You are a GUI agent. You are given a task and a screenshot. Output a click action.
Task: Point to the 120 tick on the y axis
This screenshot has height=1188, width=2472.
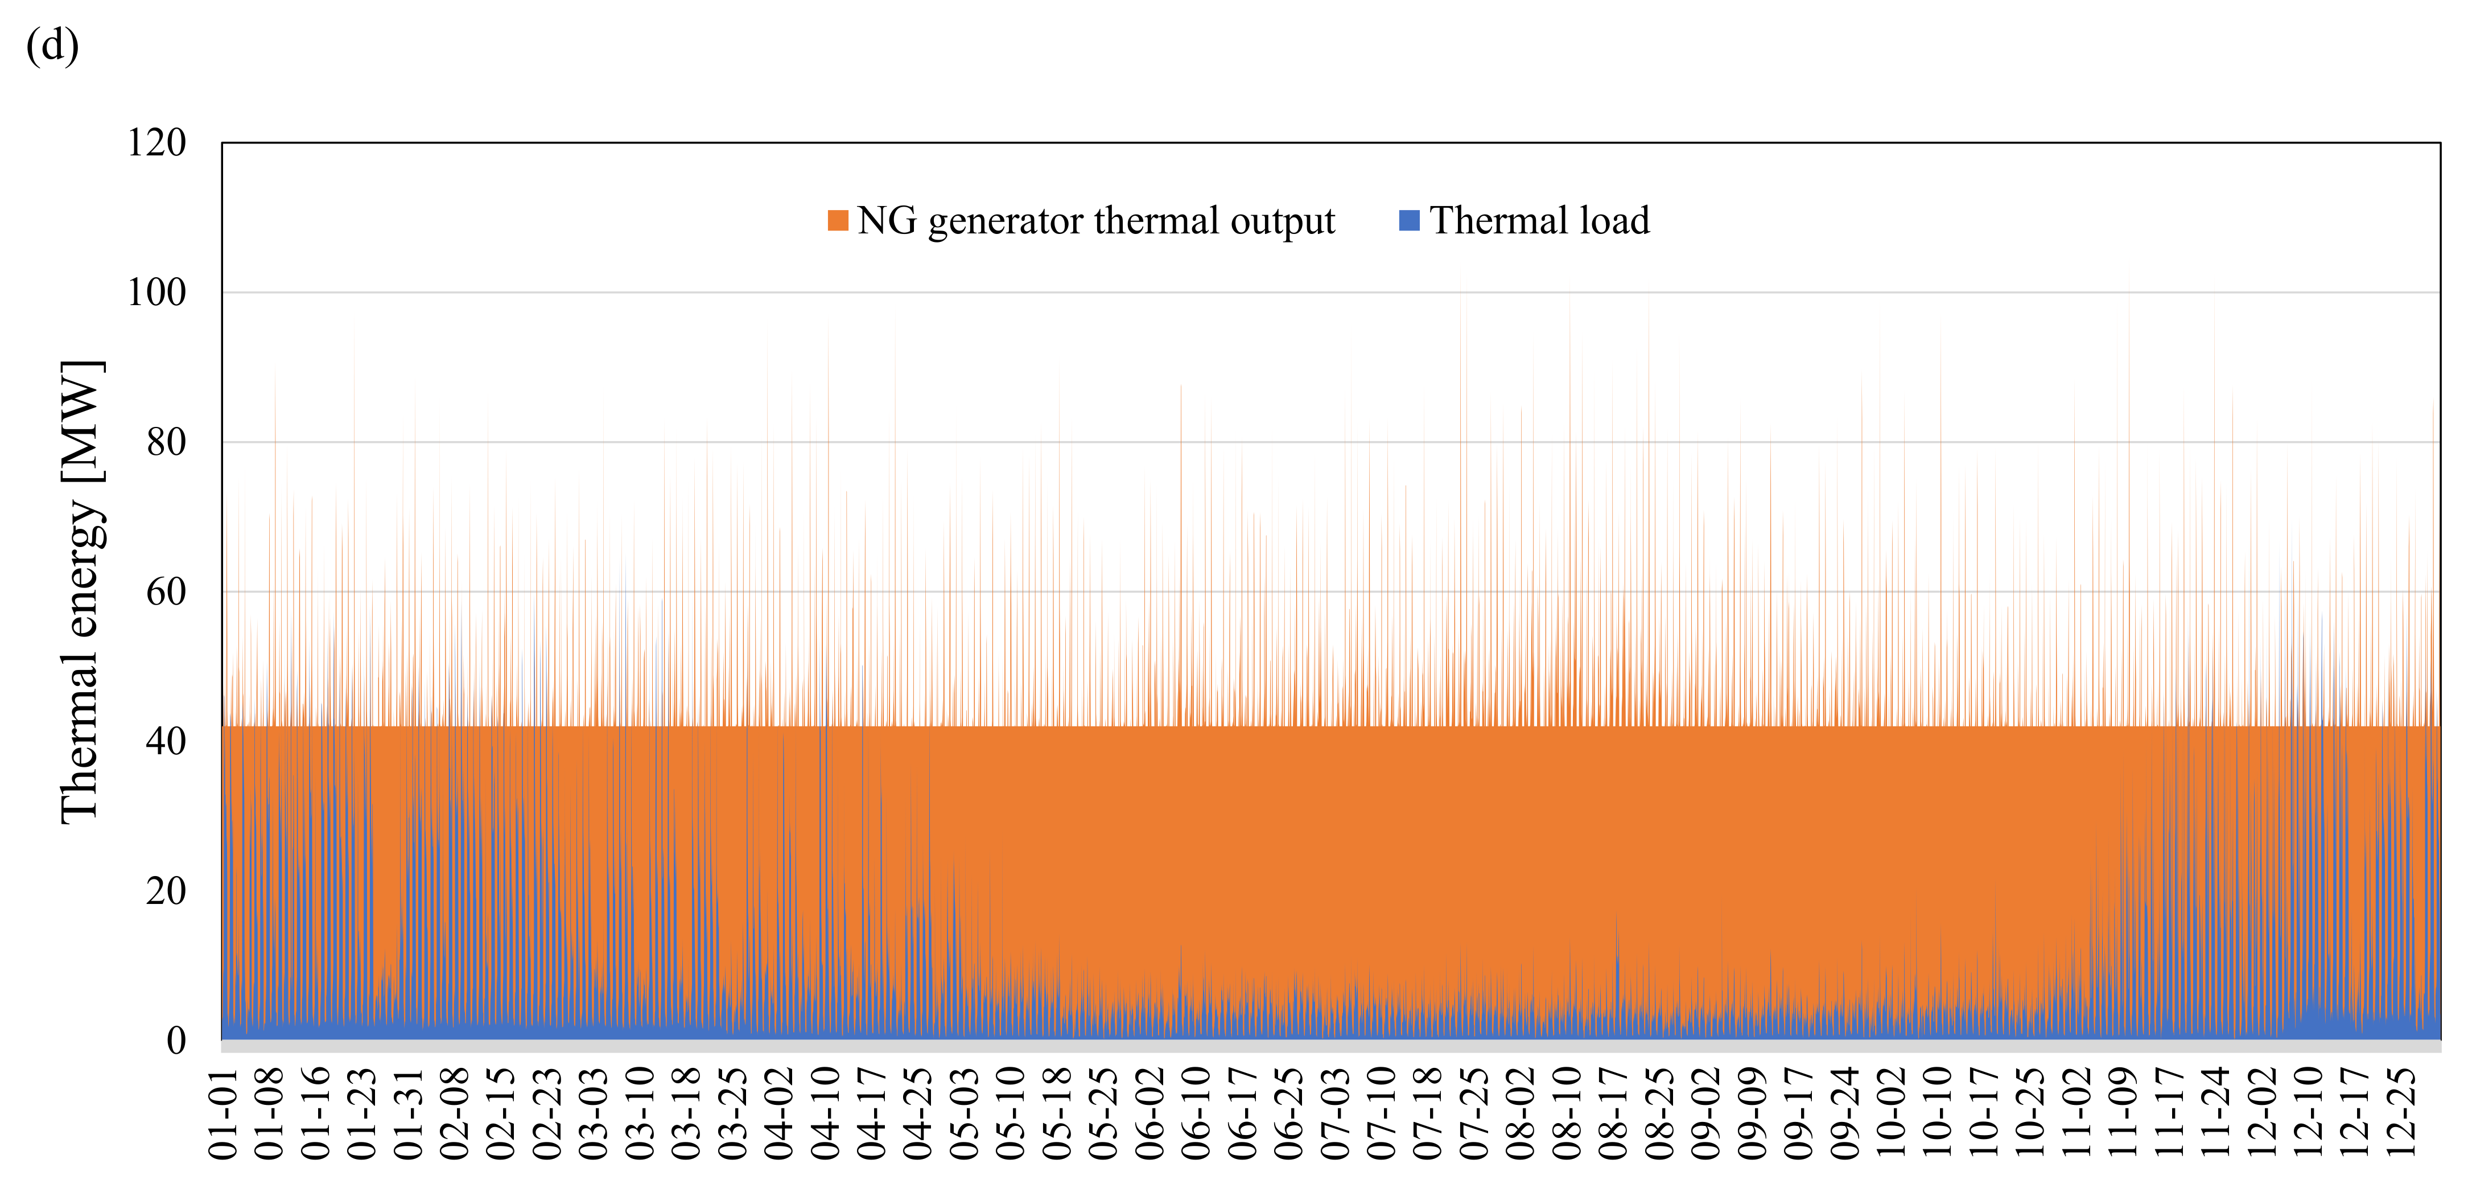156,143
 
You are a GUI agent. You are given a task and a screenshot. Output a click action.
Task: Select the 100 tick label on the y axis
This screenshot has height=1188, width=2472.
156,293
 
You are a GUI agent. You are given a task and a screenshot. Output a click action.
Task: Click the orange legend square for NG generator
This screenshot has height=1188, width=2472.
838,221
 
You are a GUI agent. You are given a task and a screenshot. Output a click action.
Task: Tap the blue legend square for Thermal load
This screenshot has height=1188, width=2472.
1409,221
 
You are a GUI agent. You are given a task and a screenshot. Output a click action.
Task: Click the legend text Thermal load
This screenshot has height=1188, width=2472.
1539,221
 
